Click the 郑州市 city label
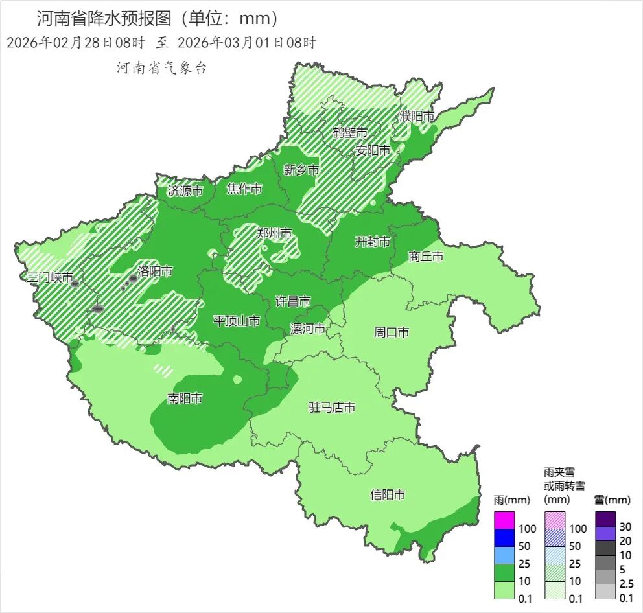point(274,234)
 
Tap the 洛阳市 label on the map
point(155,271)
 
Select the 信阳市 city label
point(388,494)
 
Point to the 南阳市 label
point(185,399)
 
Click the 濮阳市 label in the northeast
point(416,116)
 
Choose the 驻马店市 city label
point(331,407)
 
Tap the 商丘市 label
point(426,257)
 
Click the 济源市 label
point(185,191)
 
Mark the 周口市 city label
point(392,332)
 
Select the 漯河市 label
point(307,329)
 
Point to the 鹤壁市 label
point(350,132)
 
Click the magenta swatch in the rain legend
point(504,520)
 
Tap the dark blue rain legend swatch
point(504,537)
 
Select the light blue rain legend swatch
point(504,555)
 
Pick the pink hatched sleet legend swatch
point(555,520)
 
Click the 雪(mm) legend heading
point(612,500)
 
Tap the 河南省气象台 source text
point(161,68)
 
